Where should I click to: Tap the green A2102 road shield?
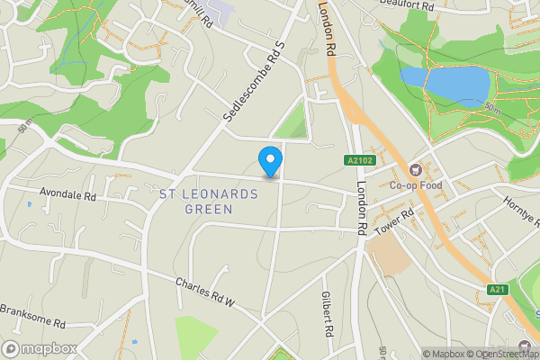coord(358,161)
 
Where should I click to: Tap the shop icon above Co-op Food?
coord(415,169)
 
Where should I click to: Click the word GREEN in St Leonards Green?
coord(209,209)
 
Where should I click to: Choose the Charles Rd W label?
coord(205,292)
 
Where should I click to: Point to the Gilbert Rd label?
coord(328,314)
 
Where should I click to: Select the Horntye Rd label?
coord(521,211)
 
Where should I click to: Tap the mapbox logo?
coord(39,348)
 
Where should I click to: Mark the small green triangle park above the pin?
coord(292,124)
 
